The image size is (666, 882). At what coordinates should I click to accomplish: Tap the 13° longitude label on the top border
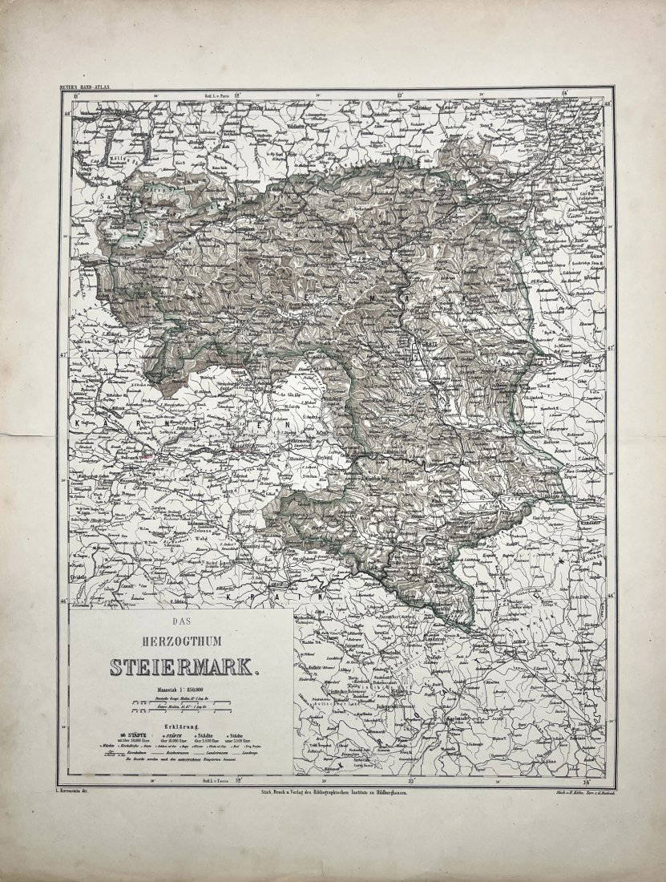(x=400, y=94)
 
